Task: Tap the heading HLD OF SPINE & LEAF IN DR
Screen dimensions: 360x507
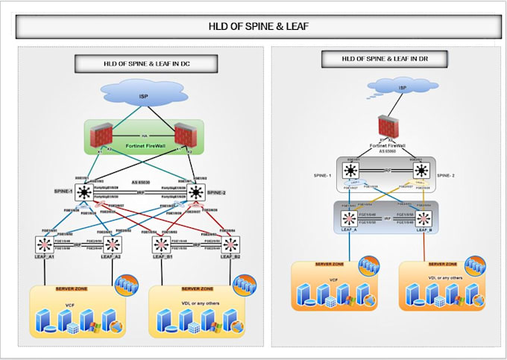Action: point(384,58)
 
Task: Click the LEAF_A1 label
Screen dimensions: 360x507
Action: point(45,257)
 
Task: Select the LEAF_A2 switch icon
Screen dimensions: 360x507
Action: point(113,243)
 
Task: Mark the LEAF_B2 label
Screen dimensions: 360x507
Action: point(230,257)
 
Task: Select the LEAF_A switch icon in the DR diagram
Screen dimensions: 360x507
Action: point(348,219)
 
